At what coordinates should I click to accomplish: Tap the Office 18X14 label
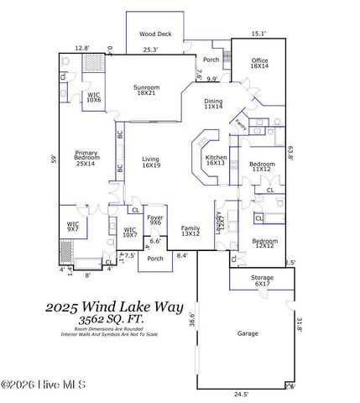pos(260,63)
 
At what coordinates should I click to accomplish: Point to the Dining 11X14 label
pos(213,103)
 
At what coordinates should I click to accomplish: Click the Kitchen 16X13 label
pos(217,160)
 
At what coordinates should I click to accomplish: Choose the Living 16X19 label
pos(150,161)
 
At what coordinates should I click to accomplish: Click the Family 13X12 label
pos(190,231)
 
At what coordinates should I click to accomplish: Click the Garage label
pos(248,333)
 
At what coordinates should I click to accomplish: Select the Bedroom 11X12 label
pos(262,166)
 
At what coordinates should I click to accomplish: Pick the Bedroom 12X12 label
pos(264,244)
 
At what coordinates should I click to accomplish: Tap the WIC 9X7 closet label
pos(73,226)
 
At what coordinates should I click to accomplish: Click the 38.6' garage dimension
pos(191,320)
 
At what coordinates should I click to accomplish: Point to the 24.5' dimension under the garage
pos(242,395)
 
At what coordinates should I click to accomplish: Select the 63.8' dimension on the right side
pos(290,154)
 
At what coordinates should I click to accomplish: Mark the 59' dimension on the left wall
pos(52,158)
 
